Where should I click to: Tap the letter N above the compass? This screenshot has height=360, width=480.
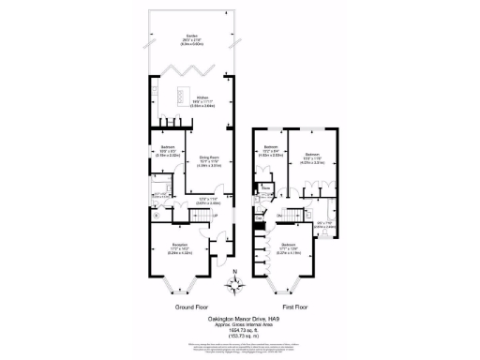tap(236, 273)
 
